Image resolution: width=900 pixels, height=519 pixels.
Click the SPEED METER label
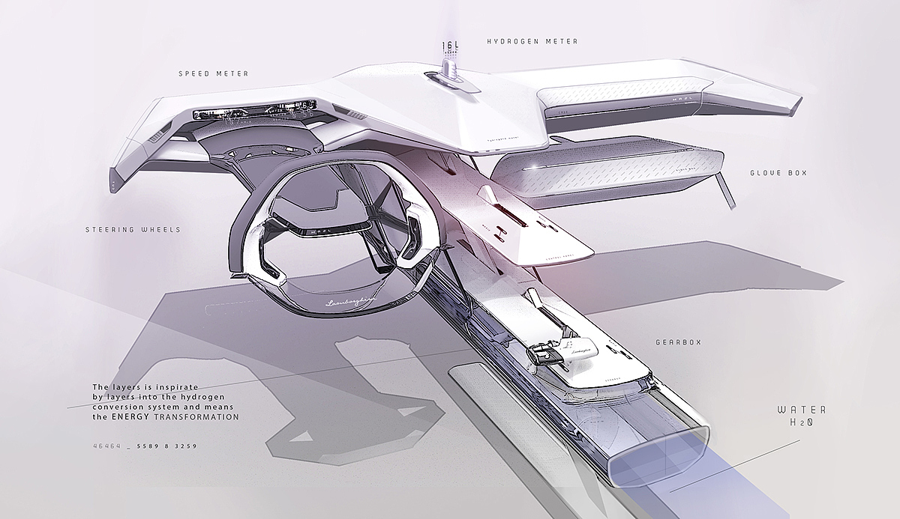coord(213,74)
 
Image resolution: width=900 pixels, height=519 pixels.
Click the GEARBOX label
coord(676,342)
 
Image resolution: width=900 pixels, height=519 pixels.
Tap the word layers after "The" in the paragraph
coord(125,386)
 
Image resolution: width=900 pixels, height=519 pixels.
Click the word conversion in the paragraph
coord(115,407)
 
